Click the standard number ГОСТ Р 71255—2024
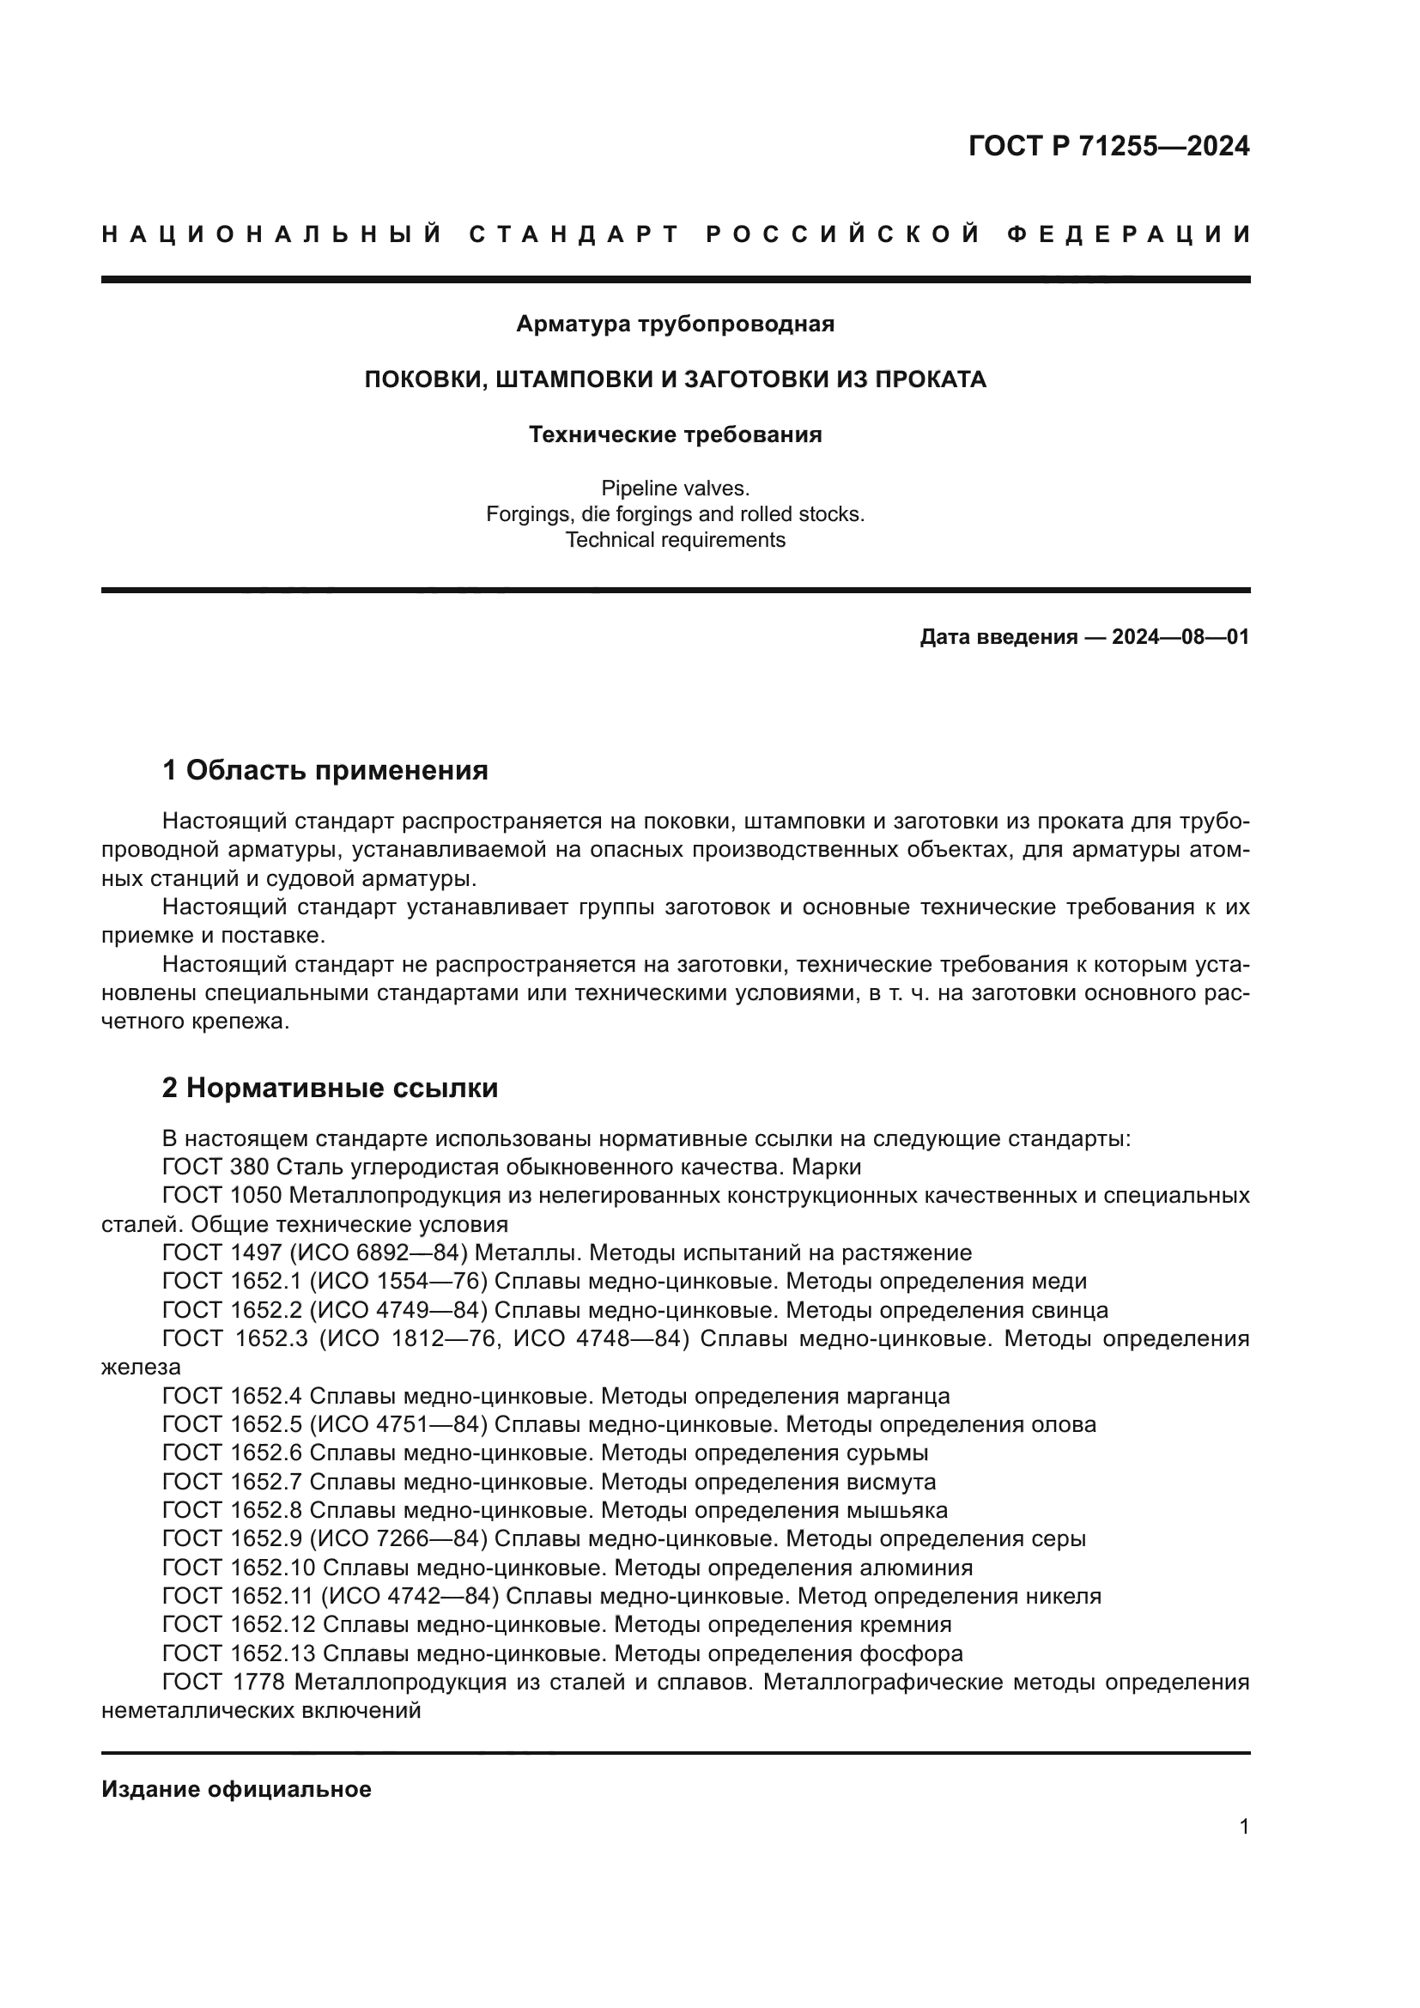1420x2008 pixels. [x=1107, y=146]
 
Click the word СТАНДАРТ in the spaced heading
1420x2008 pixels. [x=574, y=234]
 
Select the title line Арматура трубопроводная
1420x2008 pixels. [x=675, y=325]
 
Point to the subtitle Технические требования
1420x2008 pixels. [x=675, y=434]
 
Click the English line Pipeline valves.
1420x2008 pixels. [x=675, y=488]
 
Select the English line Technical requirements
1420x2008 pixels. [x=675, y=540]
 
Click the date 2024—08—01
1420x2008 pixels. [x=1180, y=637]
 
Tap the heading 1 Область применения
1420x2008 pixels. [x=325, y=770]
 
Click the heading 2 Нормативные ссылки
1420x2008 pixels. [x=331, y=1088]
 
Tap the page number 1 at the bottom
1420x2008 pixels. [x=1243, y=1826]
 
